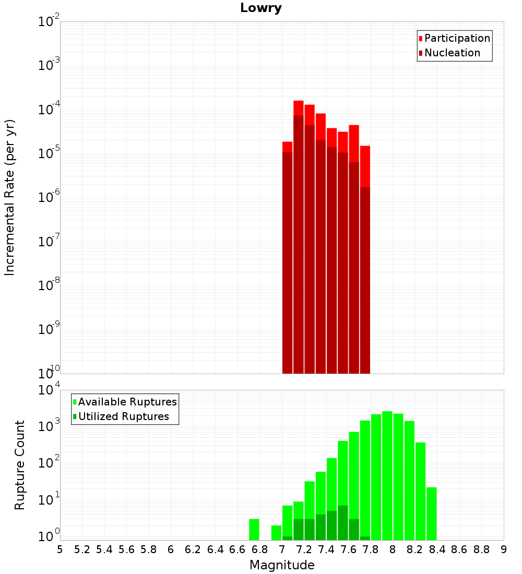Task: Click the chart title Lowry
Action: point(261,8)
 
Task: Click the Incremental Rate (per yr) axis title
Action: point(10,197)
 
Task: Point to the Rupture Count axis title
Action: point(20,465)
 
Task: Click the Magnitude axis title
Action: point(282,565)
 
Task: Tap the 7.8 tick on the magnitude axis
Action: point(371,549)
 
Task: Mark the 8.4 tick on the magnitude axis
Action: point(437,549)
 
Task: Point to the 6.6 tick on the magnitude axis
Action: point(238,549)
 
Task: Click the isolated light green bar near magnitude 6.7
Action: point(254,530)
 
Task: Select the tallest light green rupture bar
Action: point(387,475)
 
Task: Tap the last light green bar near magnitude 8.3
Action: point(432,513)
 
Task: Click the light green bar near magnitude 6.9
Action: point(276,533)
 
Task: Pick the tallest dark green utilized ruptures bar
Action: point(343,522)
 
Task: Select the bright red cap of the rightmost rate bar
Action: point(365,166)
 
